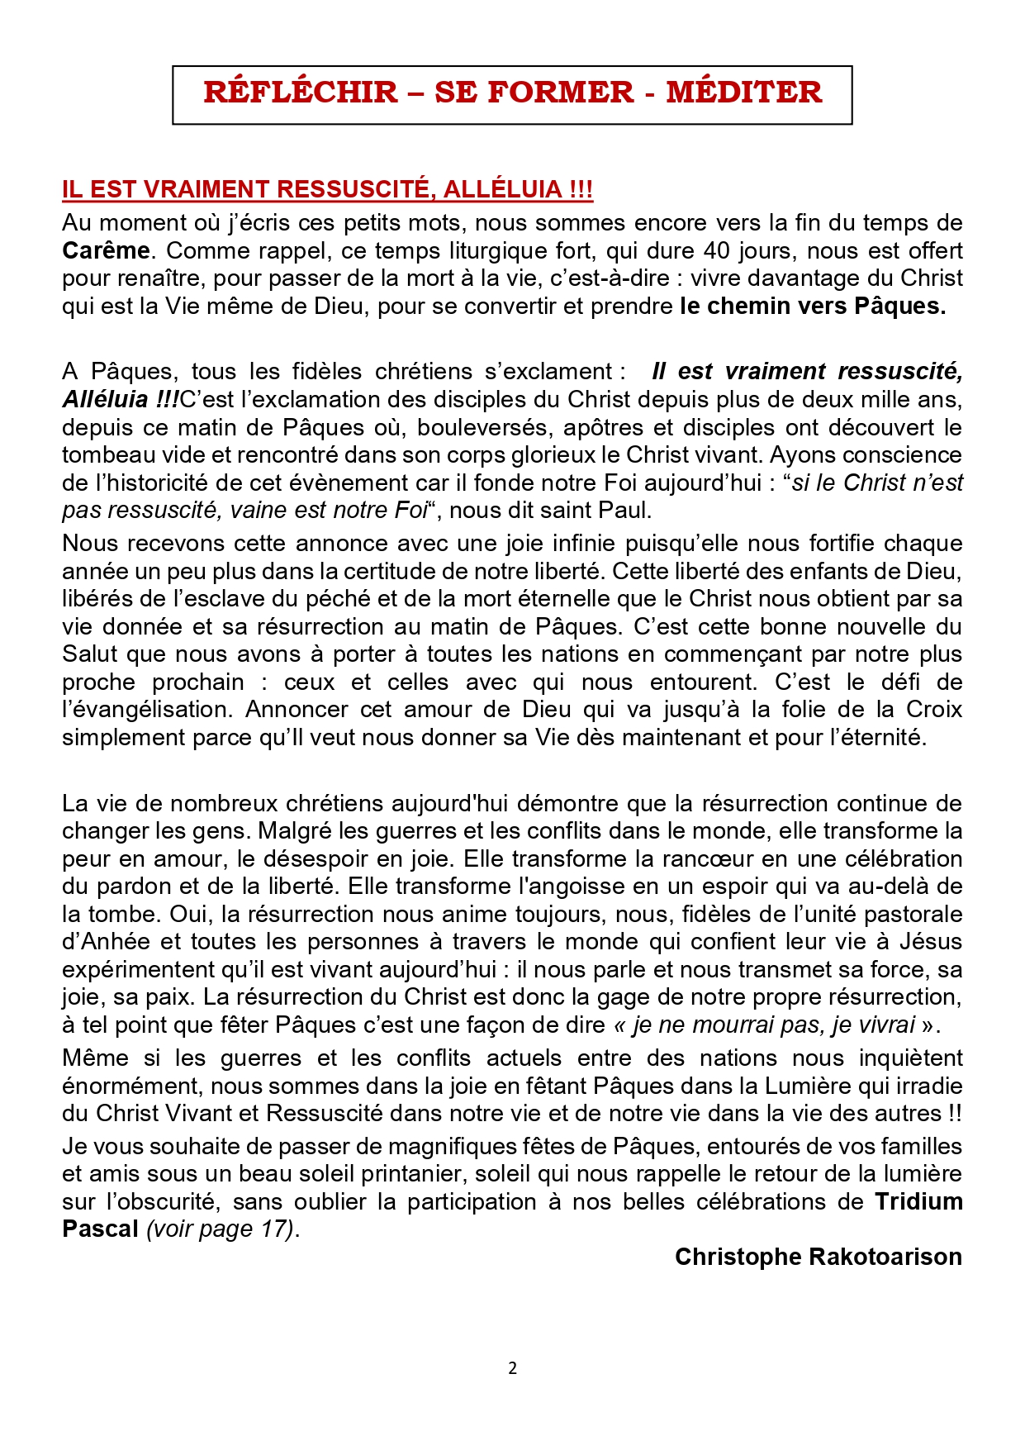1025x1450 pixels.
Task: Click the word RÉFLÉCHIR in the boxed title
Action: [301, 92]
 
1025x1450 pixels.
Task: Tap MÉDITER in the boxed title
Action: [744, 92]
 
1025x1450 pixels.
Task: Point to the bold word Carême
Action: [107, 250]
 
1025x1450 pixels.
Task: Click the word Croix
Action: [934, 709]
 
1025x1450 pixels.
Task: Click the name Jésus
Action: [930, 942]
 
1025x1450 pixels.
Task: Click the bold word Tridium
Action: [918, 1201]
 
